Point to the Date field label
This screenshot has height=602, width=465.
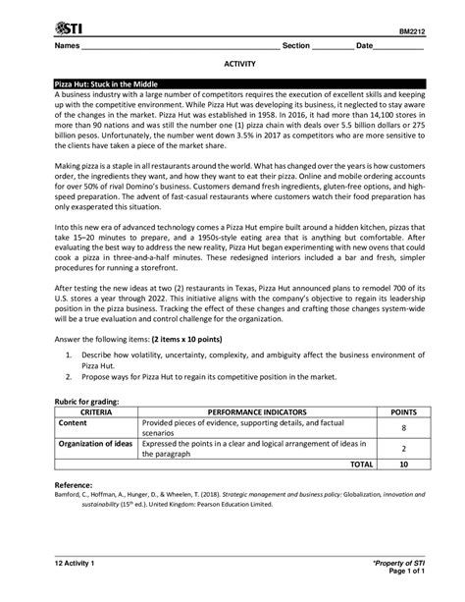click(x=365, y=46)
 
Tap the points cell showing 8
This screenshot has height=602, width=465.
click(x=403, y=428)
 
